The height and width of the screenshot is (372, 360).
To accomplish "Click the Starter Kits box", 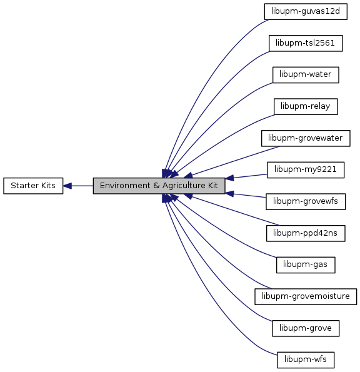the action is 33,186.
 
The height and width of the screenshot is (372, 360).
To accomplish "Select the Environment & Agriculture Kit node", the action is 159,186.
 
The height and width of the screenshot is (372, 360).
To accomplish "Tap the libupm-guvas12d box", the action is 306,11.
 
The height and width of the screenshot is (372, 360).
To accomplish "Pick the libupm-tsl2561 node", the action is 306,43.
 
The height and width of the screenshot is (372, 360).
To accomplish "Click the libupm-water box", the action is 306,75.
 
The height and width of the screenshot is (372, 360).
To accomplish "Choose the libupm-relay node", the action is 306,106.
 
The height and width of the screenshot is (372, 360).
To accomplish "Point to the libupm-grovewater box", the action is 306,138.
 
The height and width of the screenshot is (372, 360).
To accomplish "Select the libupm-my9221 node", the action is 306,170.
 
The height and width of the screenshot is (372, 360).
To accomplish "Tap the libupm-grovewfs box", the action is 306,201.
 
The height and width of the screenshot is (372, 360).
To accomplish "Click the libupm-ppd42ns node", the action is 306,233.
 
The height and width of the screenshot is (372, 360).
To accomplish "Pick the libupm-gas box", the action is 306,264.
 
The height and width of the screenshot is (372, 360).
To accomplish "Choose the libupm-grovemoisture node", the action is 306,296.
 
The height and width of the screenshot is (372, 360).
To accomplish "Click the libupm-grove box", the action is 306,328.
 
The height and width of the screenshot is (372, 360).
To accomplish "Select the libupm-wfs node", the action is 306,360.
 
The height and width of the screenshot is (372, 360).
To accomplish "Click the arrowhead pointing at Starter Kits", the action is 67,186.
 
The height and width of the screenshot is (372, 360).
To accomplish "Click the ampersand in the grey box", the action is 156,186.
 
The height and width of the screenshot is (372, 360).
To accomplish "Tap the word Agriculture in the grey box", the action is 184,186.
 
